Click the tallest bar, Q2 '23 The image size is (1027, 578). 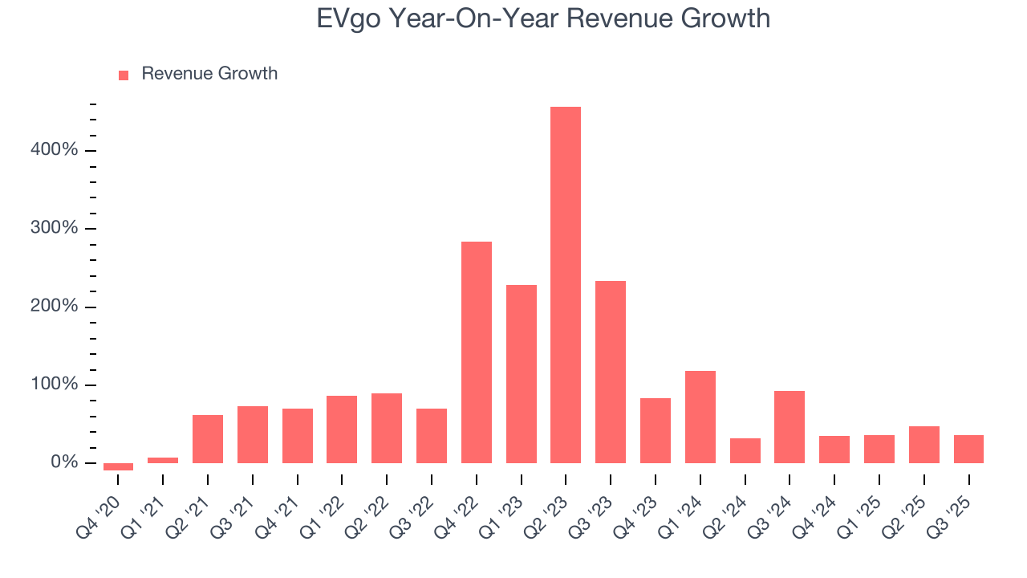point(566,285)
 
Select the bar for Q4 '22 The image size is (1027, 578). point(476,352)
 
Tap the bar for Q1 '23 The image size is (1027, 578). point(521,374)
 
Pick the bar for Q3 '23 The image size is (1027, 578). point(611,372)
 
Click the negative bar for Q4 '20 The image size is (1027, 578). point(118,466)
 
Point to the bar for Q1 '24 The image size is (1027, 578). point(700,417)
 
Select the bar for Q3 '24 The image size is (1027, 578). point(790,427)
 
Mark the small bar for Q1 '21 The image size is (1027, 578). point(163,460)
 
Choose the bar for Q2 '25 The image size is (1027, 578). point(923,445)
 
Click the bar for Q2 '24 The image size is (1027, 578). point(745,450)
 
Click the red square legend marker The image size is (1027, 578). point(124,75)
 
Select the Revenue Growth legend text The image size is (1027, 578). point(209,74)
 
